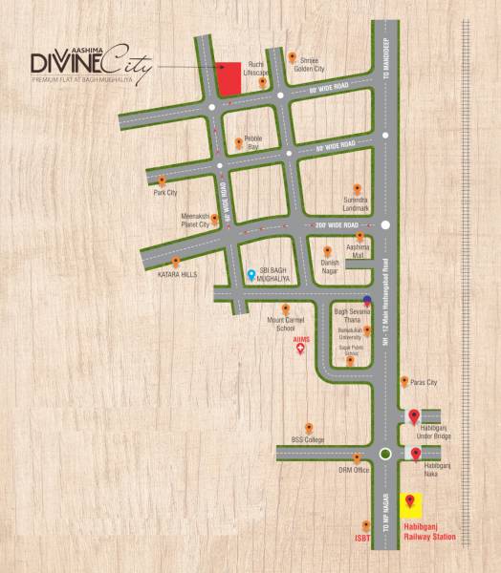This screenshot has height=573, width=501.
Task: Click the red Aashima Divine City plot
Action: (228, 78)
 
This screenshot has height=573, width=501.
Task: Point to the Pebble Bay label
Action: (252, 144)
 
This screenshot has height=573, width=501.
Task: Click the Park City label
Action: (164, 192)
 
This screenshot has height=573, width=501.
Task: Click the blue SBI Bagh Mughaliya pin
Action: (250, 275)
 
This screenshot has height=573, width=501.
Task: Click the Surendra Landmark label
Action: (356, 204)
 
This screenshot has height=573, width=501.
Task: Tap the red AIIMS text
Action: (302, 338)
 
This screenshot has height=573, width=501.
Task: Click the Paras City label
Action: (424, 382)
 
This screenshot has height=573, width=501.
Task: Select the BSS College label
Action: (308, 439)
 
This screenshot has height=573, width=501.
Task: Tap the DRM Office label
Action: (354, 470)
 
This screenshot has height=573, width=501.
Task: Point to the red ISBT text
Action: (362, 538)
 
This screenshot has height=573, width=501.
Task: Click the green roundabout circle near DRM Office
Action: (385, 454)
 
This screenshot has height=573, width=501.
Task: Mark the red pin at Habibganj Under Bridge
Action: (414, 415)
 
